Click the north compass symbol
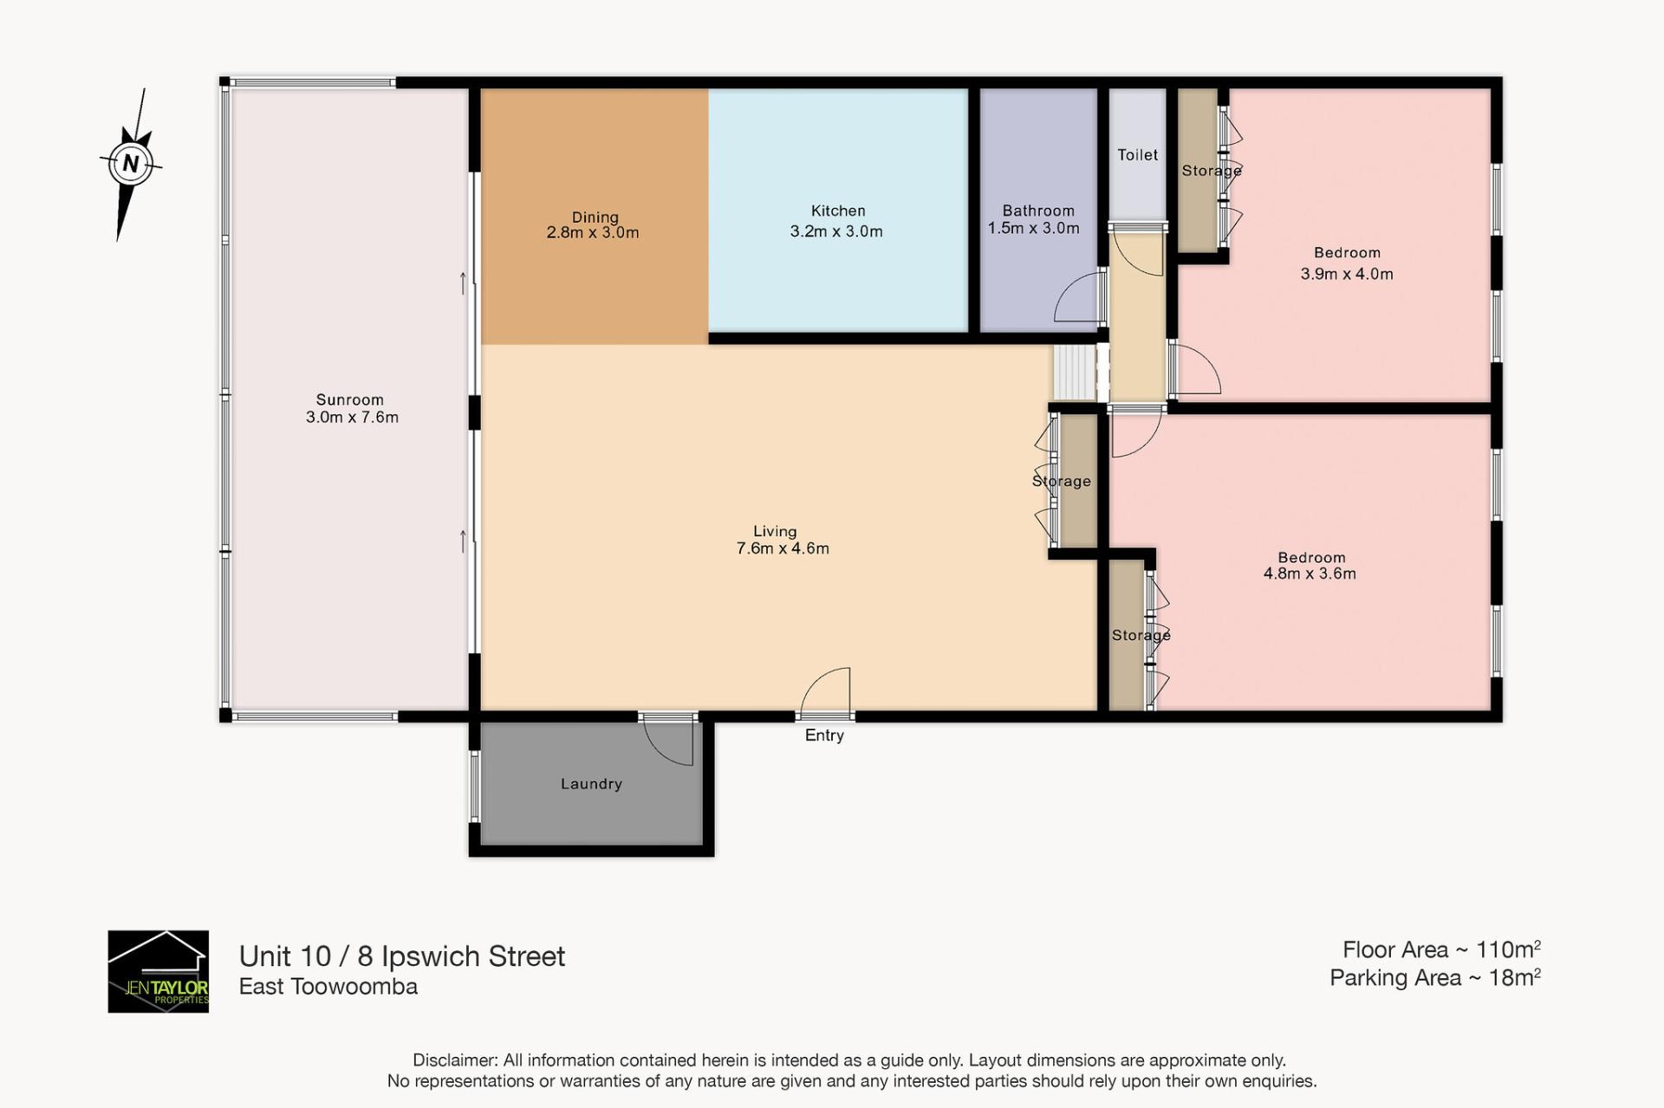(x=131, y=163)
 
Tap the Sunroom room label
(x=349, y=399)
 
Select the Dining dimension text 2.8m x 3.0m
(x=593, y=232)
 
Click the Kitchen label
(x=838, y=211)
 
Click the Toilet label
(x=1137, y=155)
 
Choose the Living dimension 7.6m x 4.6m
(x=783, y=548)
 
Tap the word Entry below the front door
(x=824, y=735)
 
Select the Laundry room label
(x=591, y=784)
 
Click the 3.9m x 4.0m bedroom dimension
(x=1347, y=274)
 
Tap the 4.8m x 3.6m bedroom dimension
(x=1310, y=573)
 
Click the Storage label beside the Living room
(x=1062, y=481)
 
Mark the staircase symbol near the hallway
(x=1075, y=373)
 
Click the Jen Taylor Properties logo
(x=158, y=971)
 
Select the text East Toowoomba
(x=328, y=987)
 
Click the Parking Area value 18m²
(x=1514, y=978)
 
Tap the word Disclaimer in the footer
(x=455, y=1060)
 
